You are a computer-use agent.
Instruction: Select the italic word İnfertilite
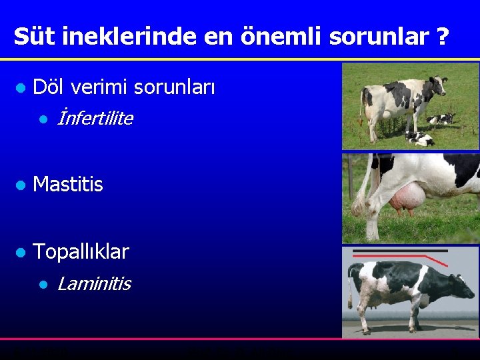pyautogui.click(x=95, y=119)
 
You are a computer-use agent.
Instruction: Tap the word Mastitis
pyautogui.click(x=68, y=185)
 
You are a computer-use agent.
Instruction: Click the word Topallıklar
pyautogui.click(x=81, y=251)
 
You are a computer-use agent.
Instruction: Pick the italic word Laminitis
pyautogui.click(x=94, y=284)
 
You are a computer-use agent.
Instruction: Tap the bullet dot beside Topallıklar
pyautogui.click(x=20, y=252)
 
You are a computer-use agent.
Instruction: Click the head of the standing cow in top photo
pyautogui.click(x=439, y=85)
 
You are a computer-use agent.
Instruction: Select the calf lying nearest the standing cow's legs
pyautogui.click(x=419, y=139)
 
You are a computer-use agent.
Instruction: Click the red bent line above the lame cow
pyautogui.click(x=427, y=259)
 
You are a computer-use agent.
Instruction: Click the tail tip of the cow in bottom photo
pyautogui.click(x=352, y=301)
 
